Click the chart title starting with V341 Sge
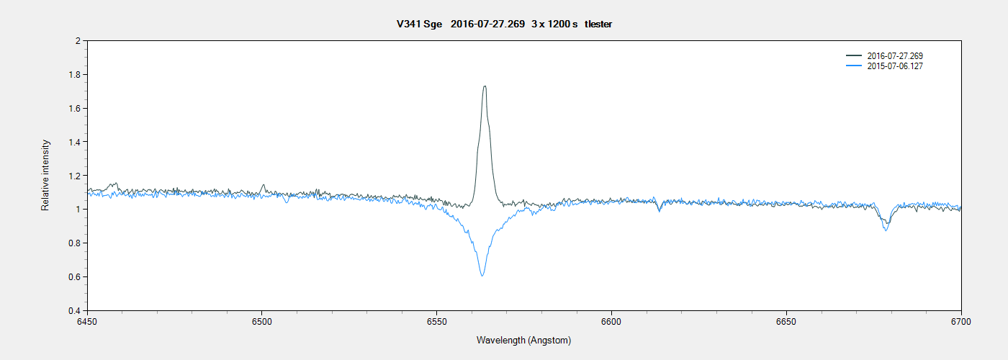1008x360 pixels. pos(504,24)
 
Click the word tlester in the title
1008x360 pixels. pos(598,24)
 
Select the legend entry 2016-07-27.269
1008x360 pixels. pos(895,56)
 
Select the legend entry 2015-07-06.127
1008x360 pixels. pos(895,66)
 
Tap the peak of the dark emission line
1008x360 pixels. pos(485,86)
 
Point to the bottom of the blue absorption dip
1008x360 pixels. pos(482,275)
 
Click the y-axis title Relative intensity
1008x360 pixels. pos(45,176)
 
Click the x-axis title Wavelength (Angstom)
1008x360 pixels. pos(523,340)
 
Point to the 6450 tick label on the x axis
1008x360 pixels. pos(87,321)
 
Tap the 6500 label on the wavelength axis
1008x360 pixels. pos(262,321)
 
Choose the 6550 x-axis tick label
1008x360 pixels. pos(436,321)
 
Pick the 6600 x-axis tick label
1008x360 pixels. pos(611,321)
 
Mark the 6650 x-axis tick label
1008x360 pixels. pos(786,321)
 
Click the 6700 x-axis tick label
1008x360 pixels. pos(960,321)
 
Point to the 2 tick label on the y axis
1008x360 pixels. pos(77,41)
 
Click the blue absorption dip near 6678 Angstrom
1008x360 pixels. pos(886,230)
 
